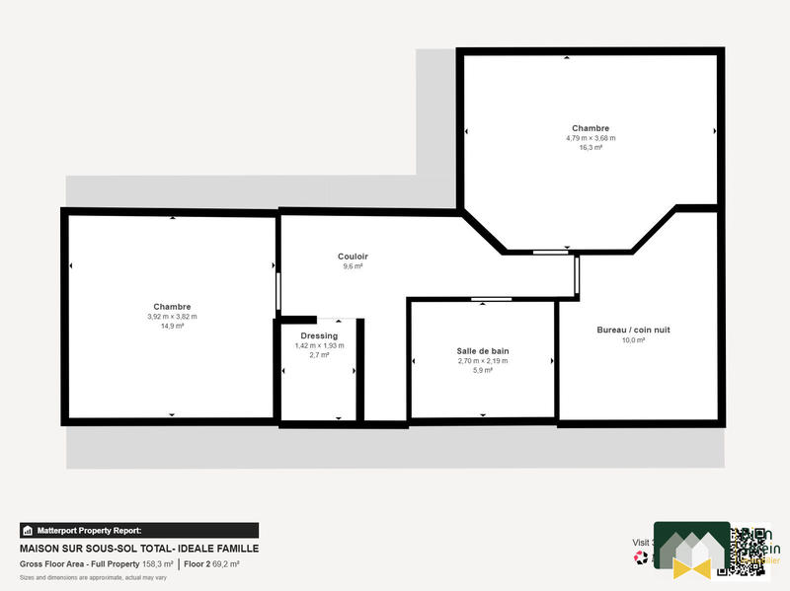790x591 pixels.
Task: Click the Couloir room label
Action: click(353, 257)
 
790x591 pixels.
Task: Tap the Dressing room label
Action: click(319, 335)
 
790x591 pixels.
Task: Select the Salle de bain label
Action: click(482, 351)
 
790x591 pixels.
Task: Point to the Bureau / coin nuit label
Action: click(633, 330)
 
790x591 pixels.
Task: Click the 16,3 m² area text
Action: click(591, 147)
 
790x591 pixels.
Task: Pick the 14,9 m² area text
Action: click(172, 326)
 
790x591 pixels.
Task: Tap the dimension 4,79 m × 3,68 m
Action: click(591, 138)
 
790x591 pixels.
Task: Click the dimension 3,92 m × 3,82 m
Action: click(172, 317)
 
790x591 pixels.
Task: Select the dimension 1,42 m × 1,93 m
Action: click(319, 345)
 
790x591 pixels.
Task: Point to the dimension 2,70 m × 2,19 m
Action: click(482, 361)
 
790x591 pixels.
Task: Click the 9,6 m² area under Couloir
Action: click(353, 266)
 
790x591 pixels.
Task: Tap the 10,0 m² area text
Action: click(633, 339)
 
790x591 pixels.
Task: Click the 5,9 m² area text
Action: click(482, 370)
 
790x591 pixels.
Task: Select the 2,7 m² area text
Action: click(319, 354)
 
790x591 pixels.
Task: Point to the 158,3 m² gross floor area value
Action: click(158, 564)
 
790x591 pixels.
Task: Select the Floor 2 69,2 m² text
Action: click(212, 564)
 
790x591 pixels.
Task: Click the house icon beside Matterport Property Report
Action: click(29, 530)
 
